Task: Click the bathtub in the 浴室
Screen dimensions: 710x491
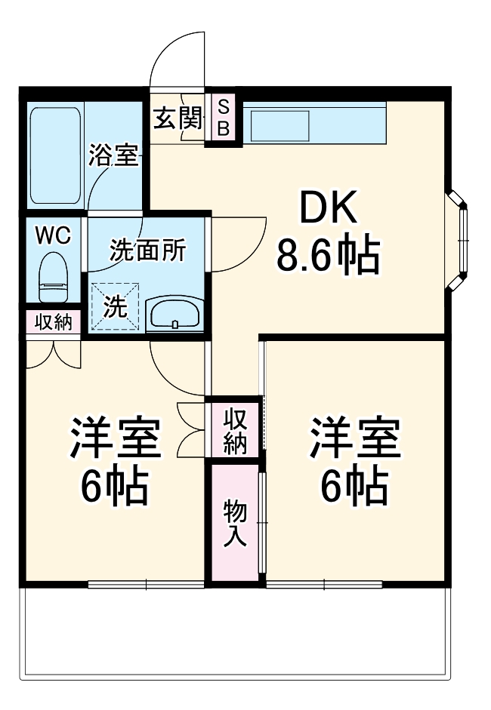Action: [55, 155]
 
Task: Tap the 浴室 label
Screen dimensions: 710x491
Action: [113, 156]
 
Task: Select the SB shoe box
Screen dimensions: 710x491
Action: [224, 118]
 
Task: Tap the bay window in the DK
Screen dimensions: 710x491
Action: [460, 240]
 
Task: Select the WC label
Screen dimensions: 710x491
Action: [53, 235]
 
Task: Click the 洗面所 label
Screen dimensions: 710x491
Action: [147, 250]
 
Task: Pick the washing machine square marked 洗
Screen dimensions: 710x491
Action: [116, 306]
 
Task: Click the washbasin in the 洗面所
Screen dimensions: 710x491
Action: [174, 314]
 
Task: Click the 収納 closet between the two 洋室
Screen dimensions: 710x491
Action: [235, 428]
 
